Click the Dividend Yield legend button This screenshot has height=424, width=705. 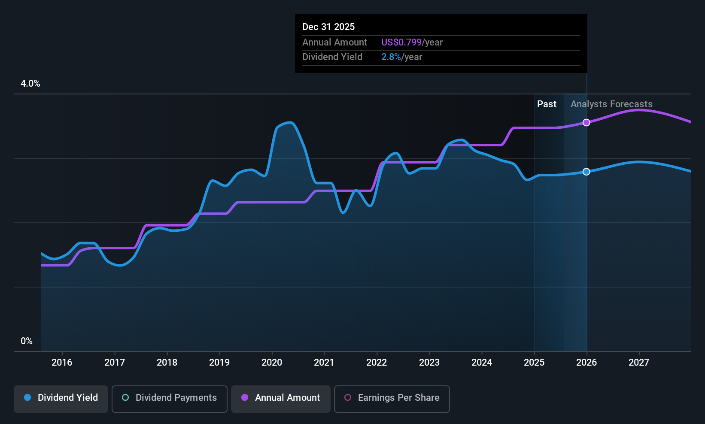[x=61, y=398]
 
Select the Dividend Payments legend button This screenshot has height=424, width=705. [x=170, y=398]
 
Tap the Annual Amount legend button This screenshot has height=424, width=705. [x=281, y=398]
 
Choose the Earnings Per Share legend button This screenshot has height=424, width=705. [x=392, y=398]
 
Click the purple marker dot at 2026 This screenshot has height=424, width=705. [x=586, y=123]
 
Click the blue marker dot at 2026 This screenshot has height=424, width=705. [x=586, y=172]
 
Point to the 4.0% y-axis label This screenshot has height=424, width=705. [x=30, y=84]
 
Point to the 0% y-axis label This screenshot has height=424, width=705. [x=27, y=341]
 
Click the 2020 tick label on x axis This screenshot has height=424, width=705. [x=272, y=363]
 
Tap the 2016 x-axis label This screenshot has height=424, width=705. [x=62, y=363]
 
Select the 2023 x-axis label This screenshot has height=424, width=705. [x=429, y=363]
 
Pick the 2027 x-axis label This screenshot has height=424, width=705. [x=639, y=363]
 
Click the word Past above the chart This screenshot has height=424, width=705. [x=547, y=104]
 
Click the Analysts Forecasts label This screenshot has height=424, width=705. [x=611, y=104]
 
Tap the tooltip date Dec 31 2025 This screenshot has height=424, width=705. [x=328, y=27]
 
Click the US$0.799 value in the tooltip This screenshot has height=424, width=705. [x=401, y=42]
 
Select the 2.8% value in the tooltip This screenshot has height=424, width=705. [x=391, y=57]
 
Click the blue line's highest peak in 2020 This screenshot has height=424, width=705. [x=291, y=123]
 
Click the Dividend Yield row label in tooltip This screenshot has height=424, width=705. [x=332, y=57]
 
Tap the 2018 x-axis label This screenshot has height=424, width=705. [x=167, y=363]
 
